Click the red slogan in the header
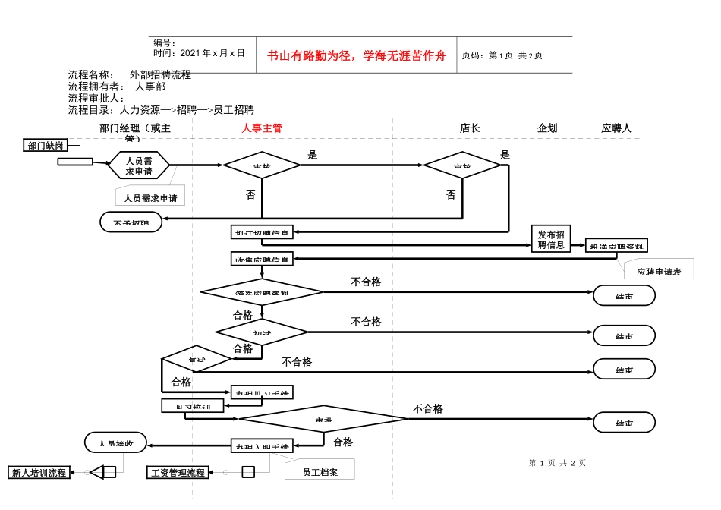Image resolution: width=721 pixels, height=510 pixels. pos(356,55)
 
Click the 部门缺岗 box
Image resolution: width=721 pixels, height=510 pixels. pos(46,145)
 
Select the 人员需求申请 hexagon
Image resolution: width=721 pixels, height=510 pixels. pos(139,165)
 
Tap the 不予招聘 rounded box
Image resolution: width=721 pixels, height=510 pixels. pos(131,222)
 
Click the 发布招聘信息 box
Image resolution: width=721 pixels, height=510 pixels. pos(550,239)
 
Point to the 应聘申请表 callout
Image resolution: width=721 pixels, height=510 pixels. pos(658,271)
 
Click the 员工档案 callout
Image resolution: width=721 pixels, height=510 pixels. pos(320,471)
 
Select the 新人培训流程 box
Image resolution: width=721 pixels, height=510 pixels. pos(39,472)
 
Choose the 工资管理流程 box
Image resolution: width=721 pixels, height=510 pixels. pos(178,472)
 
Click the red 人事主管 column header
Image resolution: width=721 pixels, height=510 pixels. pos(262,128)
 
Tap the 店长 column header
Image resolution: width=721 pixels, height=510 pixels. pos(470,128)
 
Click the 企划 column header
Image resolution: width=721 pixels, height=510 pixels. pos(546,128)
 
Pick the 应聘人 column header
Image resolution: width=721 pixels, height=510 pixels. pos(616,128)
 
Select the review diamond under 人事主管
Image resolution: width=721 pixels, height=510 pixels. pos(261,165)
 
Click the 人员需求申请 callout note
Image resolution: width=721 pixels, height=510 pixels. pos(150,197)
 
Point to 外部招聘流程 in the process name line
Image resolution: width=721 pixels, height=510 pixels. pos(160,74)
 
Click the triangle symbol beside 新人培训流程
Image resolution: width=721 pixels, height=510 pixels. pos(96,472)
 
